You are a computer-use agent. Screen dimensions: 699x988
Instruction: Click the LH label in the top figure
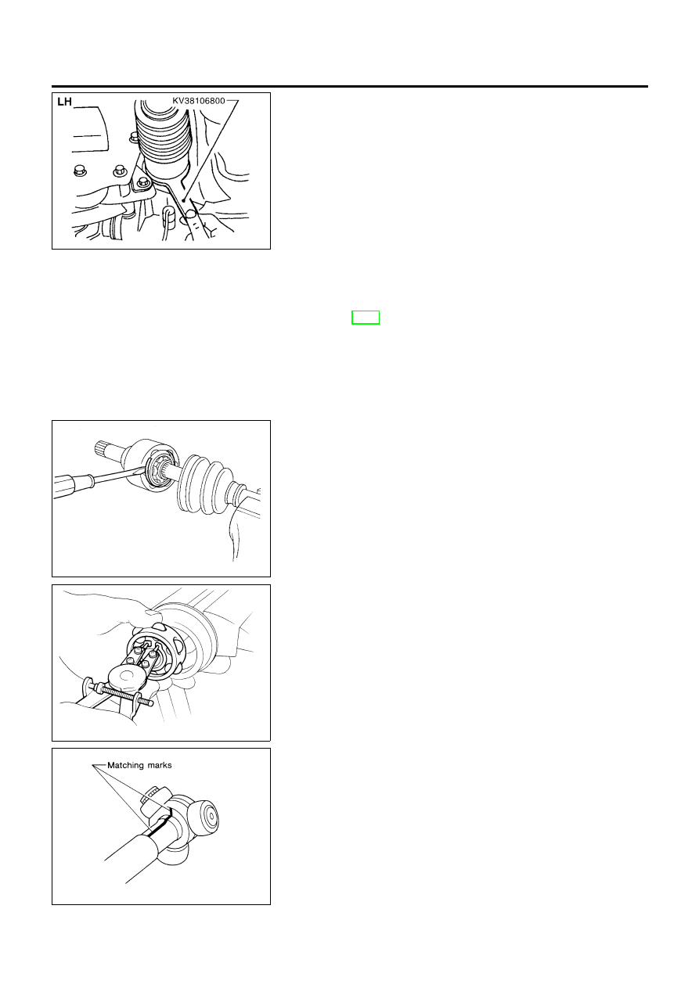64,102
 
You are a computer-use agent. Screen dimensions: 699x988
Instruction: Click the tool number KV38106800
199,101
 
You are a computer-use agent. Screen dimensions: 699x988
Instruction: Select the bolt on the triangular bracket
142,181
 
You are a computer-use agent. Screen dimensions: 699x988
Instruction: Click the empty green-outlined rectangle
366,318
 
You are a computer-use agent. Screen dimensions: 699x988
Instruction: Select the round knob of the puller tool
127,677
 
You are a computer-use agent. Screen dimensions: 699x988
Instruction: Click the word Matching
127,766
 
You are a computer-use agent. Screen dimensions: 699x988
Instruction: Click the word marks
160,765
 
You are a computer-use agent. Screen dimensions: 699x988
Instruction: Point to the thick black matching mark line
160,820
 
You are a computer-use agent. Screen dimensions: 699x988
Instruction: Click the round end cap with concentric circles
207,816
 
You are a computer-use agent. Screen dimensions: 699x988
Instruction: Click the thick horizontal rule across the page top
349,87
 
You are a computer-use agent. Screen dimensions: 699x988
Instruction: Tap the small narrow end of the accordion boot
238,494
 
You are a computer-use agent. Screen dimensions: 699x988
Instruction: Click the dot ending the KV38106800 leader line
183,201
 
